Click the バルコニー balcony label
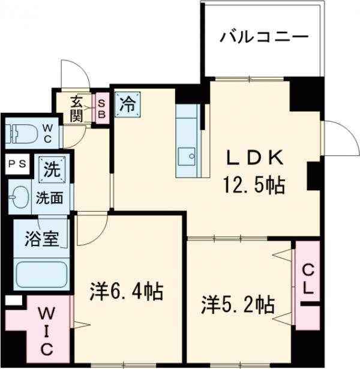(264, 37)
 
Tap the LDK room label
(254, 158)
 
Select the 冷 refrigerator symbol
(128, 103)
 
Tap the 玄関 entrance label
(77, 108)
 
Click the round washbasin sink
(19, 196)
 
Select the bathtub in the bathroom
(40, 273)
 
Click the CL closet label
(307, 278)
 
